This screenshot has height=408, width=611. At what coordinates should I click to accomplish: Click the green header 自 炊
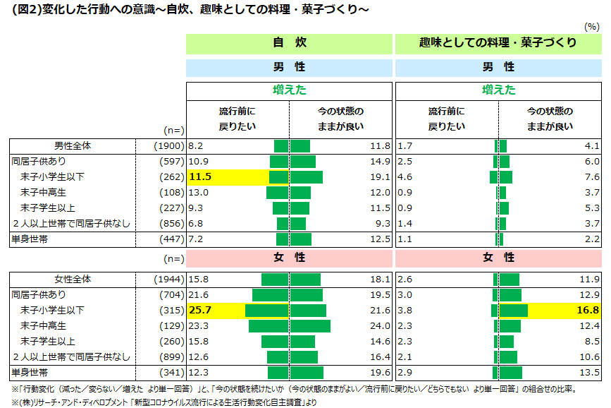(289, 43)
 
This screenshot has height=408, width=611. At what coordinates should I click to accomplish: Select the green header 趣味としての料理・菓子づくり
(498, 43)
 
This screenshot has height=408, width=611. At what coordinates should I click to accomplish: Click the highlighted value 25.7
(201, 311)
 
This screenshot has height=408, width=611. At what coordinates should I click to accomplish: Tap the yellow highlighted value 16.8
(588, 311)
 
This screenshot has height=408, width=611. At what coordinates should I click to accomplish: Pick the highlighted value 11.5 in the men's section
(201, 176)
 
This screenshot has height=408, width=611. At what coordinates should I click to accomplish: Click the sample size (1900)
(169, 146)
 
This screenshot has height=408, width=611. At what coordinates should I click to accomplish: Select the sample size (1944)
(169, 280)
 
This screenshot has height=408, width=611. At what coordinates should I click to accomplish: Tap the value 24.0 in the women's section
(380, 326)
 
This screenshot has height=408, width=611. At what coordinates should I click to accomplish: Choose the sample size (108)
(172, 192)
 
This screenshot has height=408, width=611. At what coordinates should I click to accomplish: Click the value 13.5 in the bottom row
(588, 372)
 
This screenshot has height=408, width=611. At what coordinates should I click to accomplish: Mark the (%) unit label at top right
(592, 26)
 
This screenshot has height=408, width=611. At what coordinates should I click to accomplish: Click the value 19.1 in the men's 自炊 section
(380, 176)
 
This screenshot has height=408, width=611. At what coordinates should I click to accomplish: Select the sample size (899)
(172, 356)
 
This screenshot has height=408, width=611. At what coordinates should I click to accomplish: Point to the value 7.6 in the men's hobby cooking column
(591, 176)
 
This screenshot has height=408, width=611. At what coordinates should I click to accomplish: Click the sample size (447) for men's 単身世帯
(172, 239)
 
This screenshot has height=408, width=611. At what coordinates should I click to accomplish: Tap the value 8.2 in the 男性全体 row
(196, 146)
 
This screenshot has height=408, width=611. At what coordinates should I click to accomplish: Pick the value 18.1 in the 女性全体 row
(380, 280)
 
